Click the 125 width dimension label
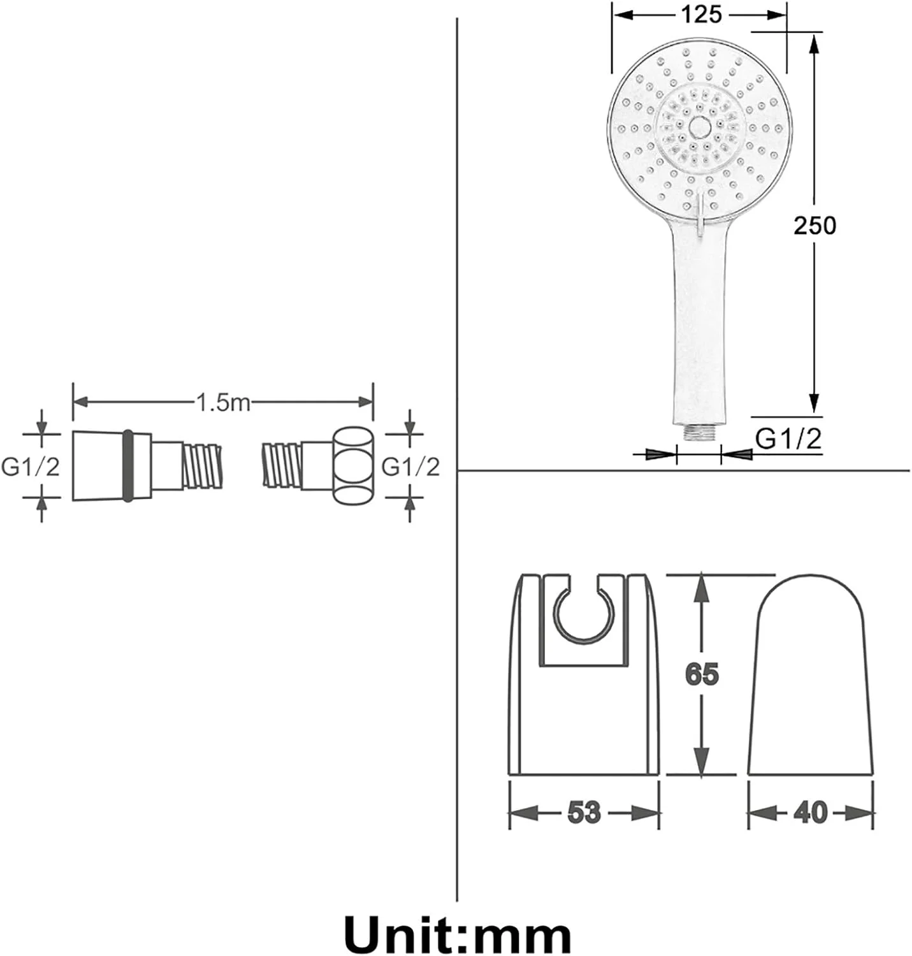(701, 15)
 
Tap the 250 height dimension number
(814, 226)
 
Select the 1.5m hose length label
(223, 402)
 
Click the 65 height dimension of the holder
(702, 674)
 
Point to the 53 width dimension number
(584, 812)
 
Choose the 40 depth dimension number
(810, 812)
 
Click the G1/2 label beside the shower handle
(788, 438)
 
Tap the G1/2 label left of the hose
(31, 467)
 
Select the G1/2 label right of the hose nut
(410, 467)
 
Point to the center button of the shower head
(700, 127)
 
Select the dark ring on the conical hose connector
(127, 466)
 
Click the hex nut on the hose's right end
(353, 465)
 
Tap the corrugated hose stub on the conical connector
(203, 466)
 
